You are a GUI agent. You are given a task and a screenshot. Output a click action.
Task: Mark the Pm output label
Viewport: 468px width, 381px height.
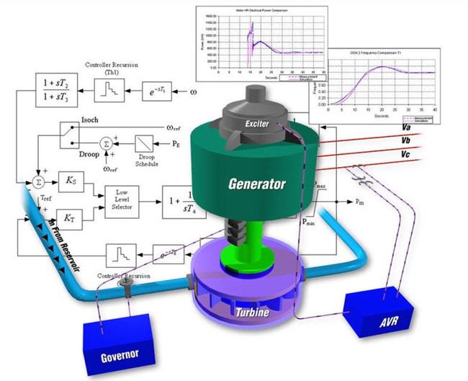click(x=360, y=202)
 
